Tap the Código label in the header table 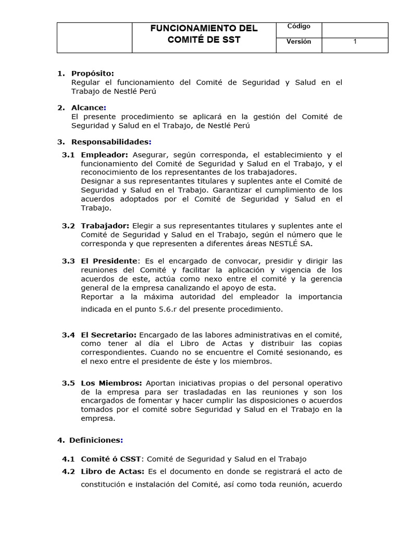pyautogui.click(x=298, y=27)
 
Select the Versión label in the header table pyautogui.click(x=298, y=42)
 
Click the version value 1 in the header pyautogui.click(x=355, y=42)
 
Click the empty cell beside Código pyautogui.click(x=355, y=29)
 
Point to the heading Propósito pyautogui.click(x=92, y=74)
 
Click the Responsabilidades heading pyautogui.click(x=110, y=142)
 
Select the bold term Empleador pyautogui.click(x=104, y=155)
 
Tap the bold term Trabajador pyautogui.click(x=105, y=225)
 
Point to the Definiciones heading pyautogui.click(x=96, y=440)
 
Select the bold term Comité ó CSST pyautogui.click(x=111, y=459)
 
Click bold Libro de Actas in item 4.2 pyautogui.click(x=113, y=471)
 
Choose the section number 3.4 pyautogui.click(x=68, y=335)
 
